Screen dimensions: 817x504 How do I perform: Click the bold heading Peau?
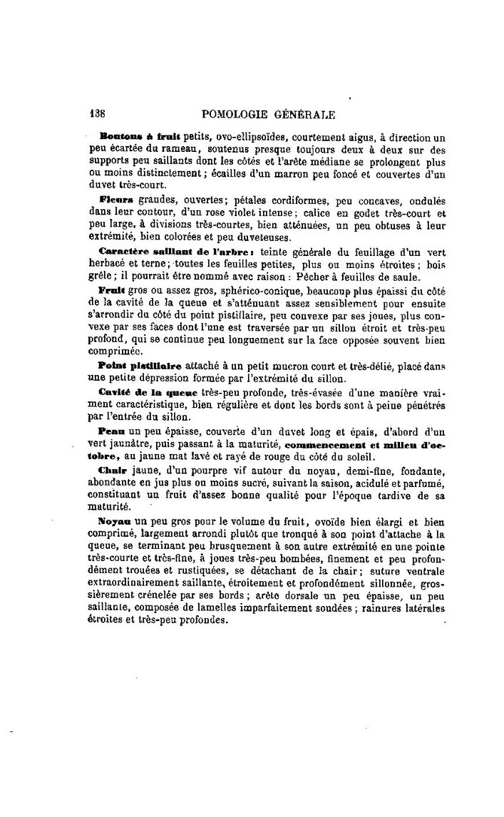tap(111, 431)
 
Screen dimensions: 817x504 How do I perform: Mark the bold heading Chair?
tap(113, 471)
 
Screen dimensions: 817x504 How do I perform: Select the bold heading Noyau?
tap(115, 522)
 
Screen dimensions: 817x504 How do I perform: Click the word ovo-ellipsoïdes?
tap(240, 135)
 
